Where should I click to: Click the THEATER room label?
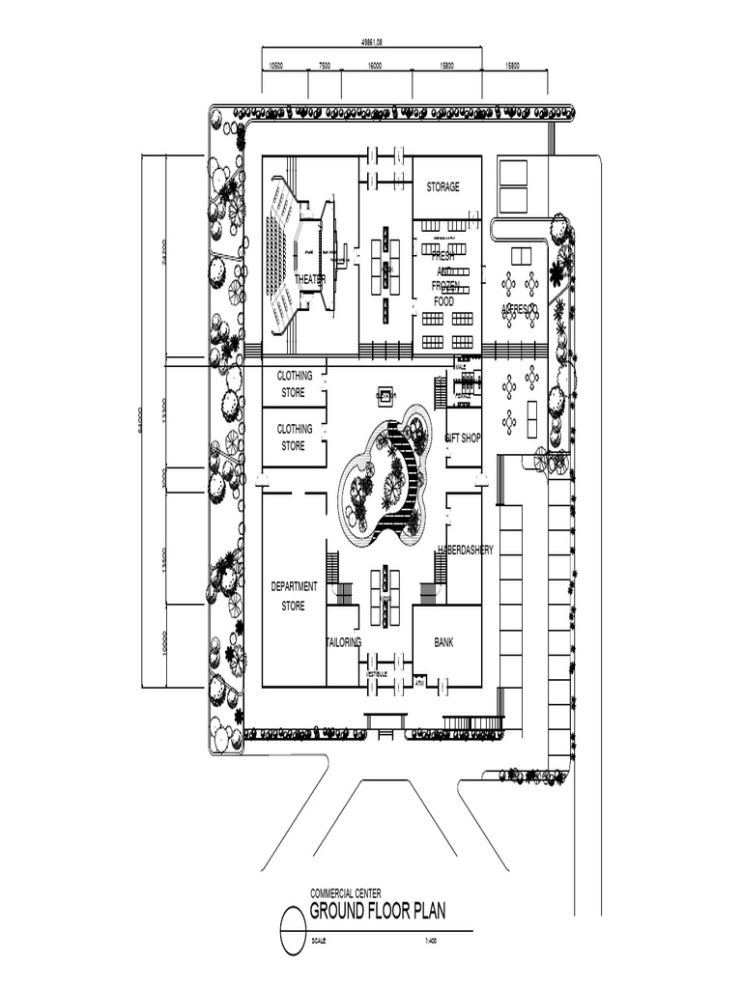click(x=309, y=279)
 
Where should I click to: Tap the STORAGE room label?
click(x=443, y=187)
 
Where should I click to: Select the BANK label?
click(x=443, y=641)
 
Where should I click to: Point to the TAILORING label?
click(x=343, y=641)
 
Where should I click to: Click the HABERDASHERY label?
click(x=466, y=550)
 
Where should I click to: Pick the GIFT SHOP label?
click(x=463, y=438)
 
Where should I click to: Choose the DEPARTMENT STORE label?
click(x=293, y=596)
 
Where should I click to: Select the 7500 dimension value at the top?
click(x=325, y=66)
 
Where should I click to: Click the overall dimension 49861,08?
click(x=371, y=43)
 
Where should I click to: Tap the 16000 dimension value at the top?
click(x=374, y=66)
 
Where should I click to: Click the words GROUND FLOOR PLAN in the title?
click(x=378, y=911)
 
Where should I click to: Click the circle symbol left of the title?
click(x=293, y=931)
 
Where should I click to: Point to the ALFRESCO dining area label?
click(x=519, y=310)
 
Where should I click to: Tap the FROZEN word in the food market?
click(x=443, y=287)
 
